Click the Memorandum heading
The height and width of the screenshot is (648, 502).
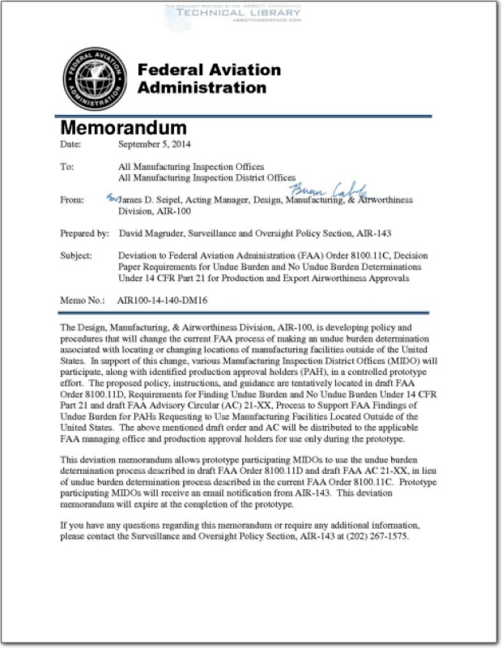point(124,128)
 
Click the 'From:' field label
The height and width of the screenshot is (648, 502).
point(73,199)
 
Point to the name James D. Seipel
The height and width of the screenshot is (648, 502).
point(151,199)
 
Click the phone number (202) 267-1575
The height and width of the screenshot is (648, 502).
point(380,536)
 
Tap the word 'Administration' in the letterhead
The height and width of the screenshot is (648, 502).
point(202,87)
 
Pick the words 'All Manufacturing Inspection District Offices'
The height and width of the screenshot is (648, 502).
point(206,177)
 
